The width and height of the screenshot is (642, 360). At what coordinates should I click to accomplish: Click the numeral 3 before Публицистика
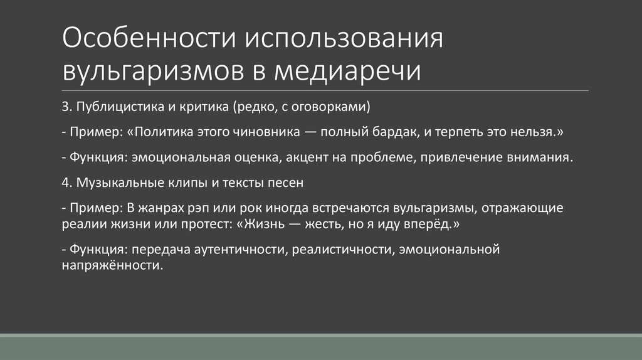click(x=65, y=107)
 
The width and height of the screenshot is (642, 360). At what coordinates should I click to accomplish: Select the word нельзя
click(x=530, y=132)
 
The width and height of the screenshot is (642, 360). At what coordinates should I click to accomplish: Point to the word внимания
click(x=541, y=157)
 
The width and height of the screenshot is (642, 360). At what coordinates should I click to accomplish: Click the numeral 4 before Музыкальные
click(x=66, y=183)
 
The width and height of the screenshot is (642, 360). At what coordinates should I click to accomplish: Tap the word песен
click(x=287, y=183)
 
